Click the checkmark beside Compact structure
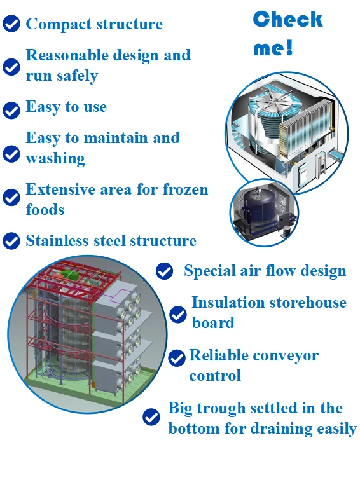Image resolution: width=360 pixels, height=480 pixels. click(x=11, y=24)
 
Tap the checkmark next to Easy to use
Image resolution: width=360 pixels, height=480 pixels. click(x=11, y=110)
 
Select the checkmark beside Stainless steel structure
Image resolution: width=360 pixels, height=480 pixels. click(x=11, y=240)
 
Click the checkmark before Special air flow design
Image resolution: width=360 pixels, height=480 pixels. click(x=164, y=271)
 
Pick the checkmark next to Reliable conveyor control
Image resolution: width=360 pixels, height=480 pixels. click(x=177, y=358)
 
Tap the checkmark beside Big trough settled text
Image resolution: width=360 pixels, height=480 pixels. click(x=151, y=416)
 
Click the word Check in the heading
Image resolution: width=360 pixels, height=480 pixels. click(x=287, y=19)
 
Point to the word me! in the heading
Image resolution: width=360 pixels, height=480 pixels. click(x=273, y=48)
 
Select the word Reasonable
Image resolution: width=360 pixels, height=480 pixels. click(x=67, y=55)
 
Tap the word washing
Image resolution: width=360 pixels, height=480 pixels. click(x=55, y=158)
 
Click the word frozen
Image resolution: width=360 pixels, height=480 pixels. click(x=185, y=189)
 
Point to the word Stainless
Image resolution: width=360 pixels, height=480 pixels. click(x=57, y=240)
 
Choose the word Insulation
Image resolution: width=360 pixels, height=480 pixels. click(x=228, y=303)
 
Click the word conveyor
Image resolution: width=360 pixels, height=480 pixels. click(x=286, y=356)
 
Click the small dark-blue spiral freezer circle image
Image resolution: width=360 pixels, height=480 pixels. click(x=264, y=212)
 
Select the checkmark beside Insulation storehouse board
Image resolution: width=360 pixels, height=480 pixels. click(x=178, y=315)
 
